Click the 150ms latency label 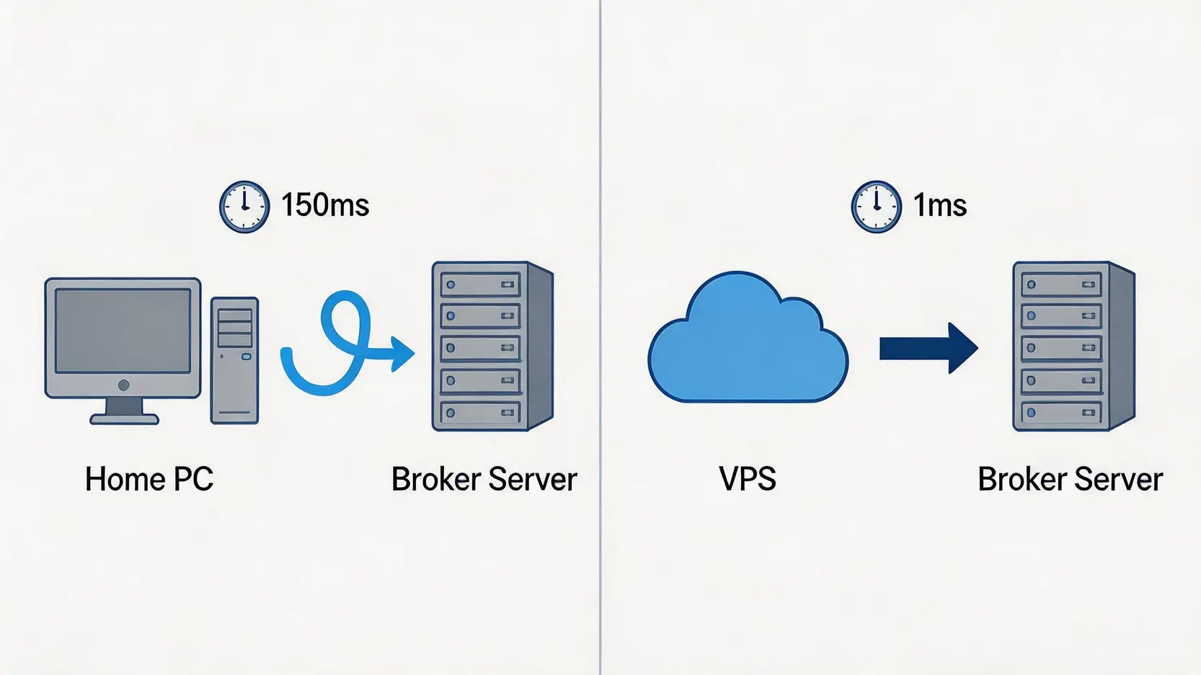[325, 205]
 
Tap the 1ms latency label [940, 205]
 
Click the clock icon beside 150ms [244, 207]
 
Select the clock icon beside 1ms [877, 207]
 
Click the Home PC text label [149, 479]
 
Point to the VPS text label [748, 479]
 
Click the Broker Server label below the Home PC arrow [484, 479]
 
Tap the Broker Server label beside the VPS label [1071, 479]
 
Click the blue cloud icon [748, 337]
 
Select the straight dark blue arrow [929, 348]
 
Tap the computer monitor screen [123, 331]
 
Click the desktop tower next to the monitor [235, 360]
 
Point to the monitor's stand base [124, 419]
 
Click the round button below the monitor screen [124, 385]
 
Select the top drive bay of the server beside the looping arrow [480, 285]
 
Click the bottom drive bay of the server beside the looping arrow [480, 413]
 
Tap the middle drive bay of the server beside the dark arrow [1061, 348]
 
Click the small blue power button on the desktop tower [246, 357]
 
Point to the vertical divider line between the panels [600, 337]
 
